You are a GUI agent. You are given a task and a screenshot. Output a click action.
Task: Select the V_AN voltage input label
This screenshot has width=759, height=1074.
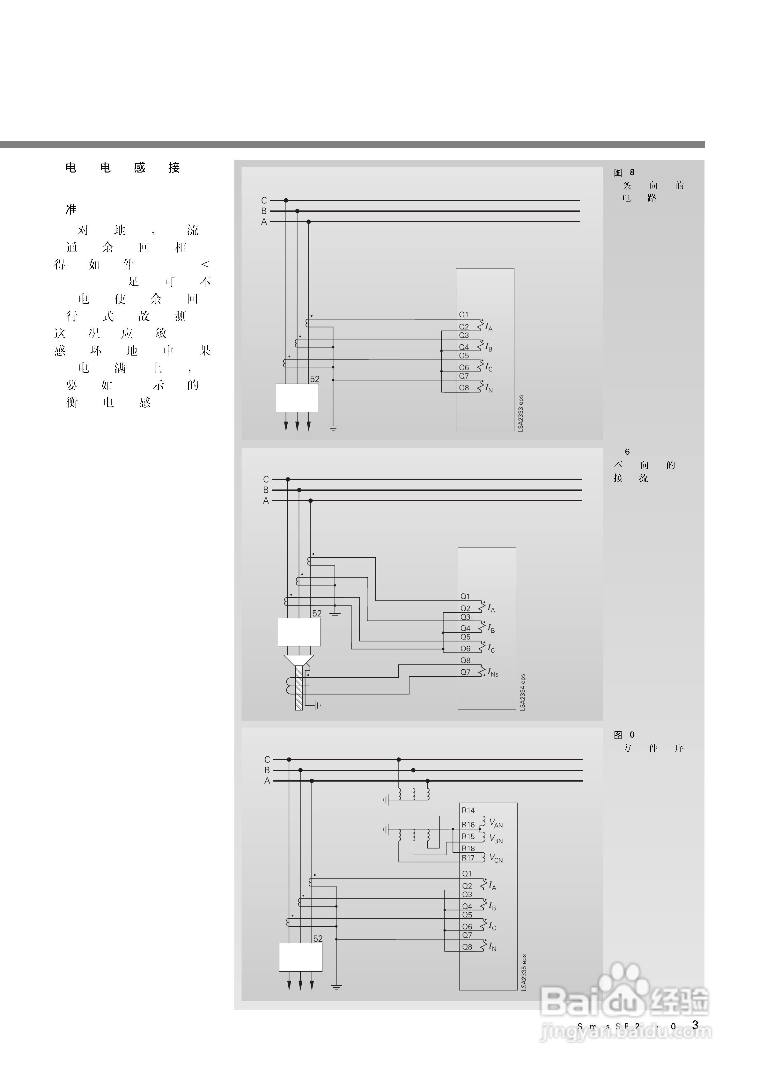click(496, 823)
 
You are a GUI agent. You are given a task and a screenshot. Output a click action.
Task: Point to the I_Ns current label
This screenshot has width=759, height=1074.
click(493, 673)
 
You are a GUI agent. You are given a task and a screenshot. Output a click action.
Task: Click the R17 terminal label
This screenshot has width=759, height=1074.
click(468, 858)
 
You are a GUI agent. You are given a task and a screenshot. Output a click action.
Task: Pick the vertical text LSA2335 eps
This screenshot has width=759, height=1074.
click(524, 972)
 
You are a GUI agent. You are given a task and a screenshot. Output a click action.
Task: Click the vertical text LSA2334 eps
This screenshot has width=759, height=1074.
click(523, 692)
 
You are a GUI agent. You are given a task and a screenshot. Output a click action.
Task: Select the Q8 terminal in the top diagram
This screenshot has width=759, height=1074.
click(464, 388)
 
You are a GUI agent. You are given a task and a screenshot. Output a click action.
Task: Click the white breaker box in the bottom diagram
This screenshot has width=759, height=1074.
click(300, 957)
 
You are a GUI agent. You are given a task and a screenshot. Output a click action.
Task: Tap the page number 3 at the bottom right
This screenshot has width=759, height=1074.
click(695, 1025)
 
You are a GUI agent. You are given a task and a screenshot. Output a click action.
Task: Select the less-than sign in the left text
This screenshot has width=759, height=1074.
click(205, 265)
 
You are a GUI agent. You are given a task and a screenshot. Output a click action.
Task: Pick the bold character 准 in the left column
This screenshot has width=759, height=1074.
click(71, 209)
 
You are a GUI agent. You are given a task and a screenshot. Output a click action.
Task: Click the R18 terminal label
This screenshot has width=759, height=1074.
click(468, 848)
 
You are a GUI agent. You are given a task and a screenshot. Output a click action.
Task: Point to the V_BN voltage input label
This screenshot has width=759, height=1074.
click(496, 839)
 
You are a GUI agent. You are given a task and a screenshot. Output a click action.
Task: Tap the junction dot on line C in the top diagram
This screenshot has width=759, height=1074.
click(286, 200)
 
